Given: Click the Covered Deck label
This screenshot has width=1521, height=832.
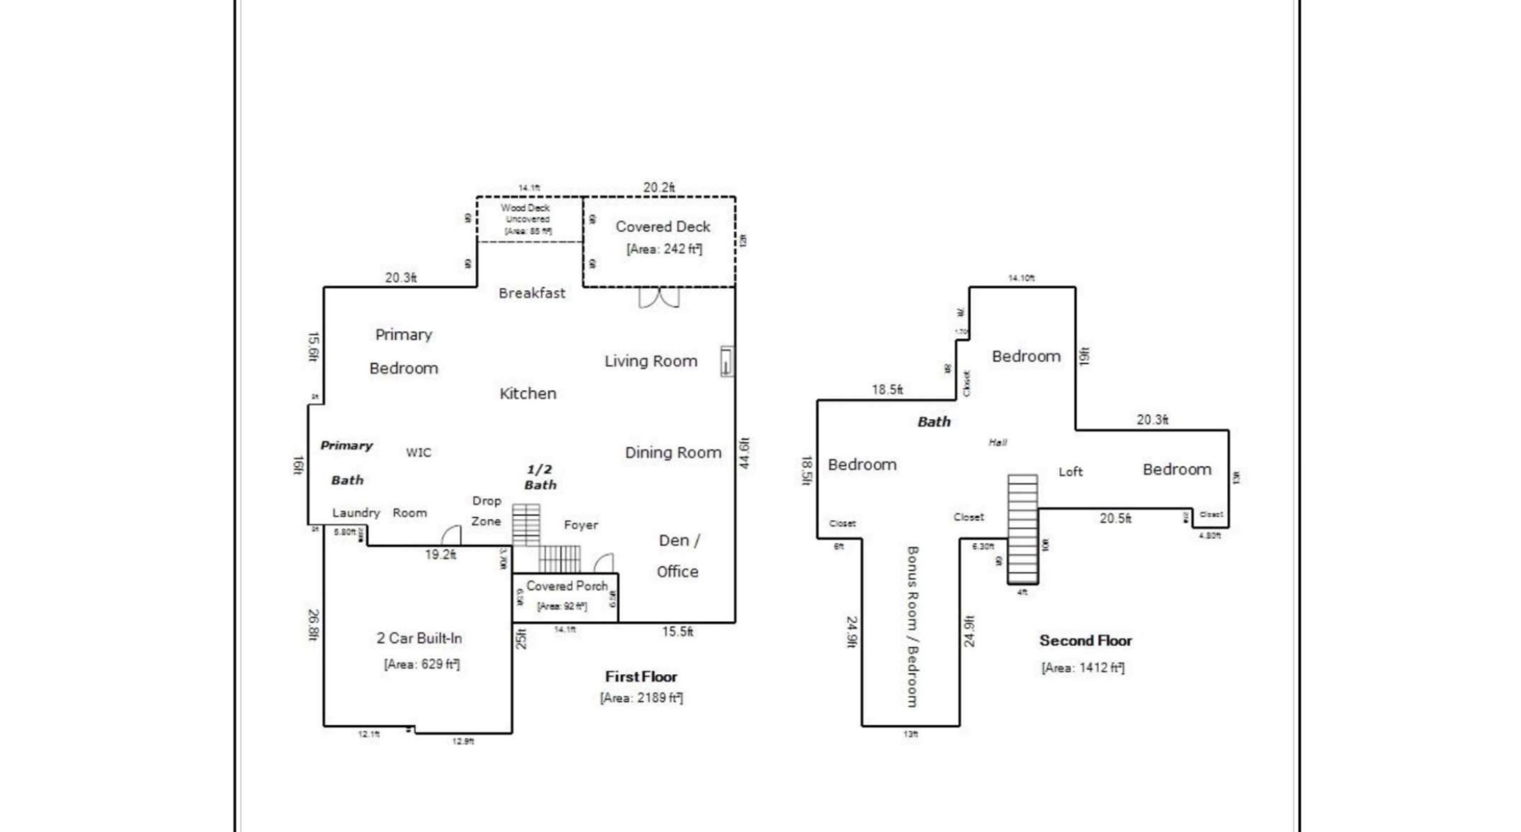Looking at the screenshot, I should (x=662, y=226).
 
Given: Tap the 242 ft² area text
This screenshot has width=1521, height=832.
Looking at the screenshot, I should (x=663, y=249).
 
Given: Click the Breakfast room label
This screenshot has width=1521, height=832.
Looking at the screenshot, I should (x=532, y=293).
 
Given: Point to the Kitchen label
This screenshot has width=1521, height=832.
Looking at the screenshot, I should (x=527, y=393).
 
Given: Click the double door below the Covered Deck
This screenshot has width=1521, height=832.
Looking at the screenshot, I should (x=659, y=297).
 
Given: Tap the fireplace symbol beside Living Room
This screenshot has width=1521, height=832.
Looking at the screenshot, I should (x=726, y=361).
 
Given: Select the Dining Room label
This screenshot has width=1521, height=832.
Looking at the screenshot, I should (x=672, y=453).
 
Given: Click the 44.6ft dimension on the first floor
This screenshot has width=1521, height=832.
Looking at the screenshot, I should (x=744, y=453).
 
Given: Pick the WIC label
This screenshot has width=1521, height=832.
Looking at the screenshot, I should (x=418, y=453).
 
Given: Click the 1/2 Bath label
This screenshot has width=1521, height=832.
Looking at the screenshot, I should (x=540, y=477).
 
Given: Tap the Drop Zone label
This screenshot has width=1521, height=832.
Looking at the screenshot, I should (x=486, y=511).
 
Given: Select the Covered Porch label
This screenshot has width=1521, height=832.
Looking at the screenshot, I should (x=566, y=586).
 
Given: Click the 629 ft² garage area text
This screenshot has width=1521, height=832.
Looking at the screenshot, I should (x=421, y=664).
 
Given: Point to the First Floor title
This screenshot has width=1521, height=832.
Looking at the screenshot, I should (x=641, y=677).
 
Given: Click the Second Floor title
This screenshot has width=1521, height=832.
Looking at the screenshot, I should (x=1085, y=641).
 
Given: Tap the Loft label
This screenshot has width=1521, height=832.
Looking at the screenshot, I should (x=1070, y=472).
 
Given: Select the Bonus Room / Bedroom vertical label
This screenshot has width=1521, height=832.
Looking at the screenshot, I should (x=912, y=626).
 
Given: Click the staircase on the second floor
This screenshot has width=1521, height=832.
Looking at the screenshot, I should (x=1022, y=528).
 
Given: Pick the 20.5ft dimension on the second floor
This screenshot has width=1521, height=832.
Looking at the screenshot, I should (x=1115, y=518).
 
